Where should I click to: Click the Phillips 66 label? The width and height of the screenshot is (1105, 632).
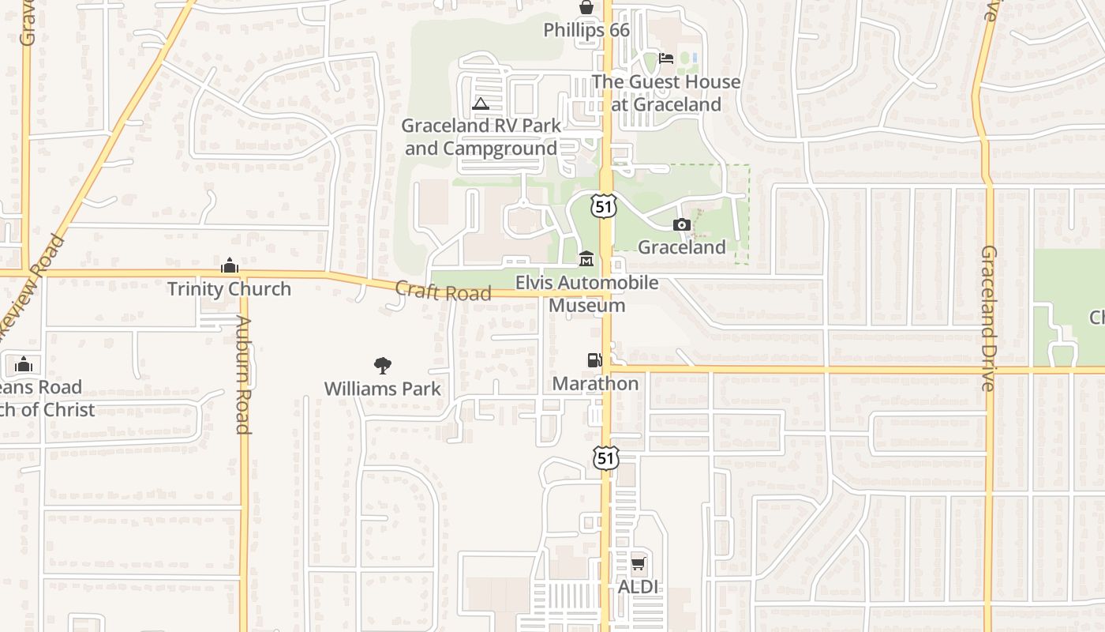(586, 30)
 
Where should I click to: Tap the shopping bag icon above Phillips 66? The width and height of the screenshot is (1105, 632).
(586, 8)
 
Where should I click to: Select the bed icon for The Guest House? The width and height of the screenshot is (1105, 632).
(666, 58)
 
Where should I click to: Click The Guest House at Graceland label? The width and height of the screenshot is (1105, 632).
(666, 93)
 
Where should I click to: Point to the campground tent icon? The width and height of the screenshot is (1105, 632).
(480, 103)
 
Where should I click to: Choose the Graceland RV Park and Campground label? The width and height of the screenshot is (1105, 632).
(481, 137)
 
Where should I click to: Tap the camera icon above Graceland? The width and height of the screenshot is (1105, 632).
(682, 225)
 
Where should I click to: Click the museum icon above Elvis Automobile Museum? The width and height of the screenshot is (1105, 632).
(586, 259)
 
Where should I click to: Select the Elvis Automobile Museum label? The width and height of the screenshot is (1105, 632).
(586, 294)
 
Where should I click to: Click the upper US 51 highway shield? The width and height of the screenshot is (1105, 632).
(603, 206)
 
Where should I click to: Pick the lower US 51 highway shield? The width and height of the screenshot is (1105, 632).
(605, 457)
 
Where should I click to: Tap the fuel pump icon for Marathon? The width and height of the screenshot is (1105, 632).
(594, 360)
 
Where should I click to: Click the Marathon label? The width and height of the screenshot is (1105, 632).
(595, 384)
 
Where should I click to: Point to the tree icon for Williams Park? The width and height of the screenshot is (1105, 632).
(383, 366)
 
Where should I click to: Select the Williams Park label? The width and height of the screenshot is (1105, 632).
(383, 389)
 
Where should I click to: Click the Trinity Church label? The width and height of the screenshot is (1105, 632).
(229, 289)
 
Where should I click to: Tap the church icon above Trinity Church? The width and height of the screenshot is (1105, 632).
(230, 265)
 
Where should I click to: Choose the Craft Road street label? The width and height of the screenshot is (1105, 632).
(443, 292)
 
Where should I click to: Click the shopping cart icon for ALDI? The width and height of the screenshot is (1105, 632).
(638, 564)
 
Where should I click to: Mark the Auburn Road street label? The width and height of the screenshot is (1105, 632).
(243, 375)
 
